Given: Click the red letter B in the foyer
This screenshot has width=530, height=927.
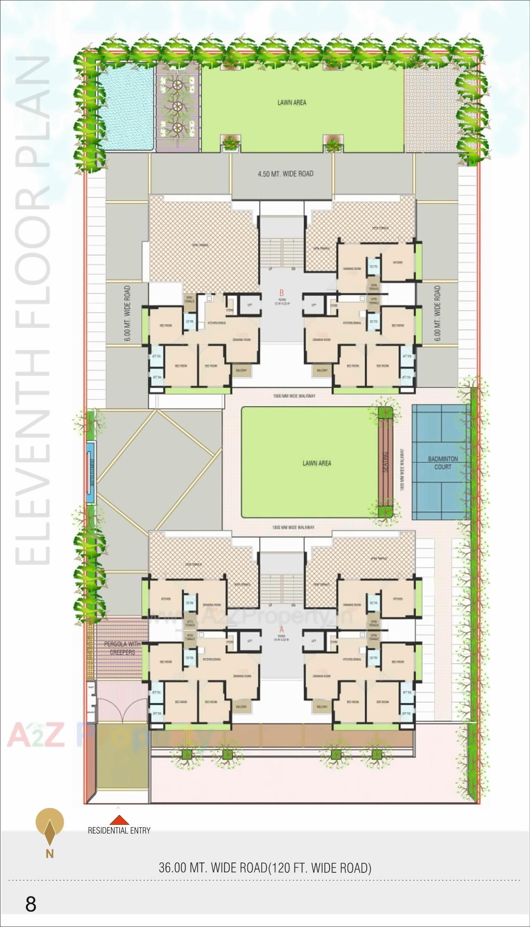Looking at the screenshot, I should click(282, 293).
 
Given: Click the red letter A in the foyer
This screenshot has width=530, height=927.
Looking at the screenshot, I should click(282, 630).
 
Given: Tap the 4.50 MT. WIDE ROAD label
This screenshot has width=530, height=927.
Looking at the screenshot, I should click(285, 174).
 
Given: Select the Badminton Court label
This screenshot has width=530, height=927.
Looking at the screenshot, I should click(443, 463).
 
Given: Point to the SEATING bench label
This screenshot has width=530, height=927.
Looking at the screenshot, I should click(386, 462).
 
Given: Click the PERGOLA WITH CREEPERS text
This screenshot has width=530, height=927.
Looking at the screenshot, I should click(122, 648).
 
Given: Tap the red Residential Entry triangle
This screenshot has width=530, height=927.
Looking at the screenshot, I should click(119, 820).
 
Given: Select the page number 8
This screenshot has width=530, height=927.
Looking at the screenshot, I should click(31, 905).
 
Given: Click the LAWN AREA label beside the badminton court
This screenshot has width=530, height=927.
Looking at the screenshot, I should click(317, 463).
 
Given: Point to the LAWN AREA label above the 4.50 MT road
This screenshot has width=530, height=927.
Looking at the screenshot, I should click(292, 103).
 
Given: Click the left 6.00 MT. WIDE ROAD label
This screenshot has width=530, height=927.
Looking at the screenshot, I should click(127, 313).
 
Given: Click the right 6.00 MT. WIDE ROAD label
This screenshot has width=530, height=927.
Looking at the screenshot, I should click(438, 313).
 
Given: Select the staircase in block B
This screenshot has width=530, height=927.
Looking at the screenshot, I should click(282, 252).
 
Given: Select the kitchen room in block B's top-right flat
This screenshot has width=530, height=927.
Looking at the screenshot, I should click(397, 262).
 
